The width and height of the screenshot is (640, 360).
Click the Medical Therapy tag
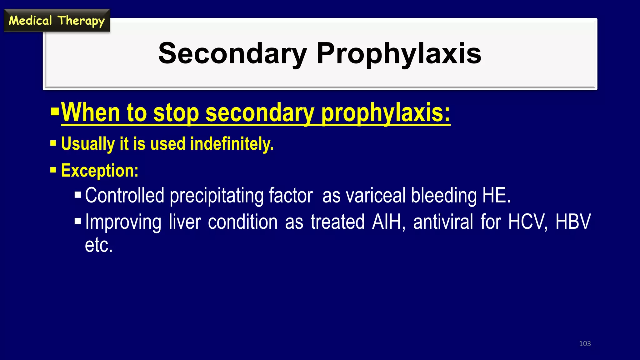click(57, 21)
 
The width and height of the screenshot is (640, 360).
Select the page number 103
click(585, 343)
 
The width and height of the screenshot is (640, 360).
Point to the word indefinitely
click(232, 144)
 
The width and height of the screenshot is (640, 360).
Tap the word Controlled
click(124, 196)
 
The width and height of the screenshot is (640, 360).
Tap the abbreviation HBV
click(573, 222)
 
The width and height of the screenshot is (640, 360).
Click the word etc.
click(98, 245)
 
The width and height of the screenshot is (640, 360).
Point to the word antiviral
click(443, 222)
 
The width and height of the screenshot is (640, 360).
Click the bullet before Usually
click(53, 144)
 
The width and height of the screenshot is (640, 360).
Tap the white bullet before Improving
click(77, 222)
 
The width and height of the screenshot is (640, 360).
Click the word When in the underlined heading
click(90, 112)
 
